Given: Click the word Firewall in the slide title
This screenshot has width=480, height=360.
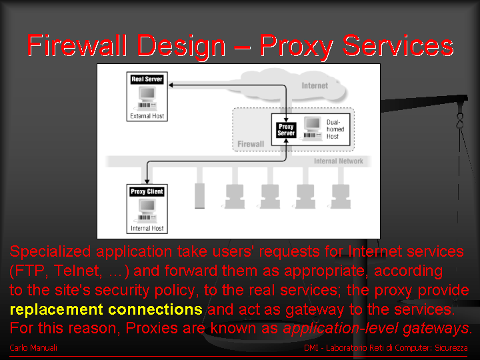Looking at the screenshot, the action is [77, 45].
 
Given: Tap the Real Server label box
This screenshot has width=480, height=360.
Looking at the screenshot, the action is [147, 79].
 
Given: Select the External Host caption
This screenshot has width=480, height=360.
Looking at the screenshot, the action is [147, 116].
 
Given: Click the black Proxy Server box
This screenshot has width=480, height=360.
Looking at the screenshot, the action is [286, 130].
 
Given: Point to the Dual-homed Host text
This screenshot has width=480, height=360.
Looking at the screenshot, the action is [335, 129].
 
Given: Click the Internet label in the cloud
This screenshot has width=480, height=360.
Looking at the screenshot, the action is [315, 86].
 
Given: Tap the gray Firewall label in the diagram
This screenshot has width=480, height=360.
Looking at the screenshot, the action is [251, 144].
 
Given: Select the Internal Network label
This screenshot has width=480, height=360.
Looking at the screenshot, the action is [339, 161].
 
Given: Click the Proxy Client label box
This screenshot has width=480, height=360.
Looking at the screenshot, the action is [147, 191].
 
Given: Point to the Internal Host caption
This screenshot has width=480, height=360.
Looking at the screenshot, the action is [147, 229].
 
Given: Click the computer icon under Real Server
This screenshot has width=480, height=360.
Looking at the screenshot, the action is [147, 99].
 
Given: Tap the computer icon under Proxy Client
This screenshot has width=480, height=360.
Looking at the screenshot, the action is [147, 211].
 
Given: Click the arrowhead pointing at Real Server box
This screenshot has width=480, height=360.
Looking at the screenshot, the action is [171, 85].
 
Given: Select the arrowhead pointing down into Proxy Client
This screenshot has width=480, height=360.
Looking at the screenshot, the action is [147, 181].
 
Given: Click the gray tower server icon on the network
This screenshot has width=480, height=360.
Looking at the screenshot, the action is [199, 196].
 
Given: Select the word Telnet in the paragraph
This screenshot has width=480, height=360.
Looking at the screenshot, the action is [77, 271].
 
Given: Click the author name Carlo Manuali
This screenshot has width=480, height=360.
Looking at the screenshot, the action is [33, 348].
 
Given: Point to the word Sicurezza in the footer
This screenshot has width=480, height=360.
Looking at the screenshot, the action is [451, 348].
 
